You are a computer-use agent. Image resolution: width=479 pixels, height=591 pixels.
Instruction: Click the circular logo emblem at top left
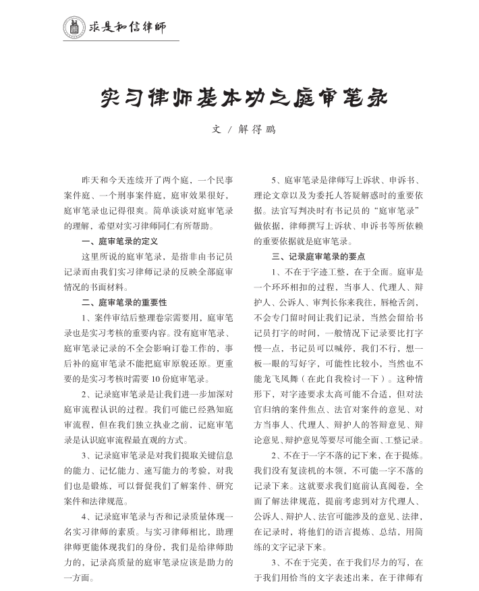click(x=72, y=26)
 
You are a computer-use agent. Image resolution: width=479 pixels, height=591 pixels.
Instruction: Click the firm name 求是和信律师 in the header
click(x=128, y=27)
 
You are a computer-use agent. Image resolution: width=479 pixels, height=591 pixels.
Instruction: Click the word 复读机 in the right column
click(x=323, y=469)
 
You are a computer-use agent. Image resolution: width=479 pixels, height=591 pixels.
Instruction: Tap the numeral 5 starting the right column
click(x=274, y=181)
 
